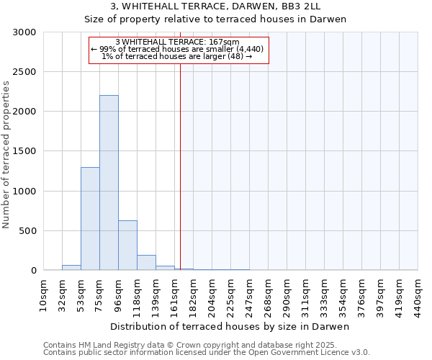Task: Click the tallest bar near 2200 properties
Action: pos(109,183)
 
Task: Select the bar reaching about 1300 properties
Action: pos(90,219)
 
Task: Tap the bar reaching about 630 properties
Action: pos(127,246)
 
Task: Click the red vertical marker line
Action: pos(180,166)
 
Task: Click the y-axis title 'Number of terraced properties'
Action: pos(6,154)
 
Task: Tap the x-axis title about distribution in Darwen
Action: pos(230,326)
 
